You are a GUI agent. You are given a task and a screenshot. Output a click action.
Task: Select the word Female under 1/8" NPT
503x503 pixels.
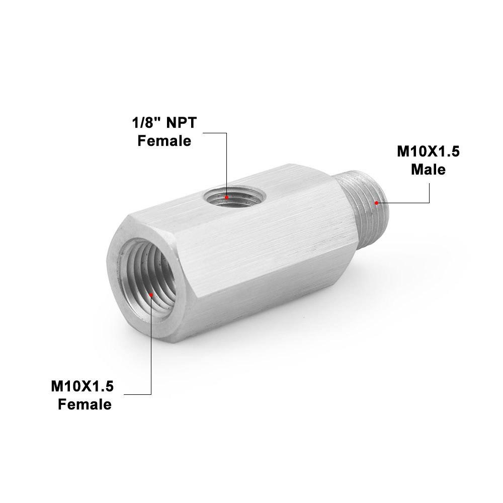[x=164, y=141]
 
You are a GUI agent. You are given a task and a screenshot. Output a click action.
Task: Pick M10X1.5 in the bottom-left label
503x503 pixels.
[x=82, y=387]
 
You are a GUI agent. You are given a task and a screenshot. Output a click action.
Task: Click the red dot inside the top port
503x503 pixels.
[x=227, y=197]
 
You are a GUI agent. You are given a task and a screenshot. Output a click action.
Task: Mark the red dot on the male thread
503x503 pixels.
[x=377, y=203]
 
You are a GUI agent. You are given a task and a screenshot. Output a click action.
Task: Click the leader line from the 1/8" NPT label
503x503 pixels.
[x=226, y=161]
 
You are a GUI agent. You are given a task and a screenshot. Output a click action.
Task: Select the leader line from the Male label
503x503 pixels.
[x=429, y=194]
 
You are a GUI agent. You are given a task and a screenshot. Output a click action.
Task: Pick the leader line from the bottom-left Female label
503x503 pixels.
[x=151, y=352]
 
